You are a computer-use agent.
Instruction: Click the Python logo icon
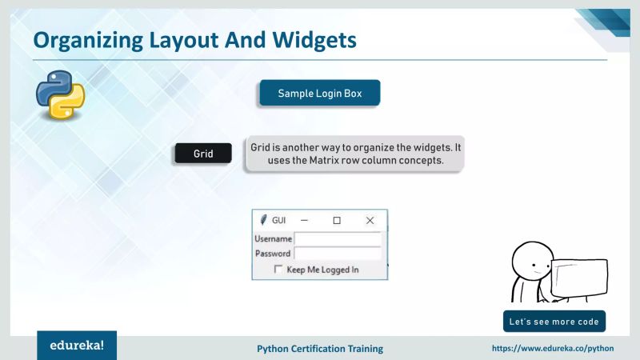coord(60,94)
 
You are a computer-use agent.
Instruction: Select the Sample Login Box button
coord(319,94)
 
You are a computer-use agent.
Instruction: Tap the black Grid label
coord(203,154)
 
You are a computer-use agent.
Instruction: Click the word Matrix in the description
coord(346,160)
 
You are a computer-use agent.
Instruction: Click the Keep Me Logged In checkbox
coord(278,270)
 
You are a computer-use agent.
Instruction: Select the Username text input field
coord(338,238)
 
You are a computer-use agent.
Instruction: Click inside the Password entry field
coord(338,254)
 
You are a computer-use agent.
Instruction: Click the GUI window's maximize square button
coord(337,220)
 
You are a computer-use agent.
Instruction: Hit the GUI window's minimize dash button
coord(304,220)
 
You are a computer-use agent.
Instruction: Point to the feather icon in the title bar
coord(262,220)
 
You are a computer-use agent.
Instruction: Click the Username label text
coord(273,238)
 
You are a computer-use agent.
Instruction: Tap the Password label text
coord(273,254)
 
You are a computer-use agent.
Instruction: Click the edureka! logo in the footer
coord(77,346)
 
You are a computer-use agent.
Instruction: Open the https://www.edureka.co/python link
coord(552,349)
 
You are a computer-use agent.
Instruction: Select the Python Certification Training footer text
coord(320,349)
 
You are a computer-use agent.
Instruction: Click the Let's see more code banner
coord(554,322)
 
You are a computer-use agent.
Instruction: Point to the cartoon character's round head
coord(529,259)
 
